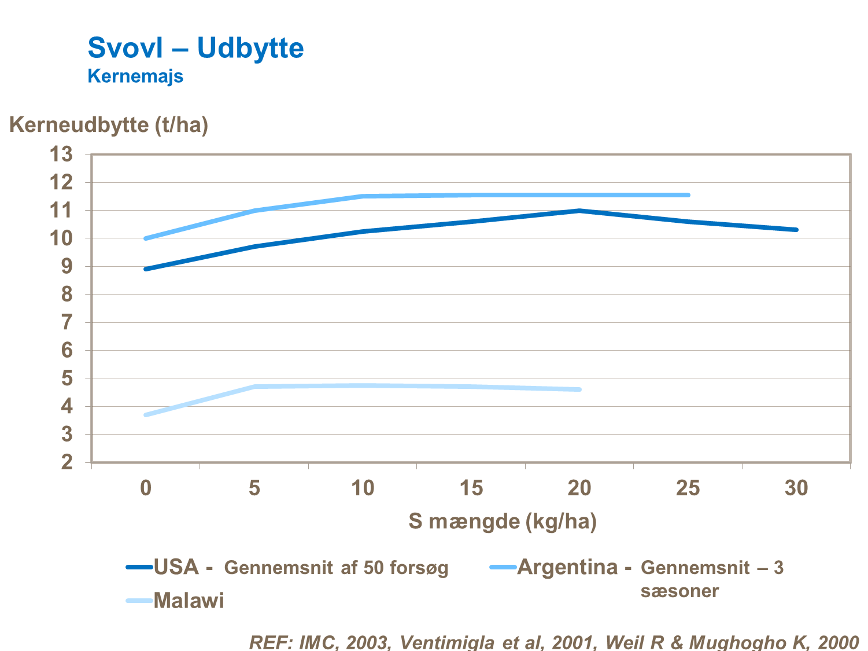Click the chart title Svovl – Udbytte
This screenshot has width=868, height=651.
(195, 47)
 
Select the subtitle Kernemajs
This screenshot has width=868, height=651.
(135, 76)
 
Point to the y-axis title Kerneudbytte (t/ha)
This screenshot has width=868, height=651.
(109, 124)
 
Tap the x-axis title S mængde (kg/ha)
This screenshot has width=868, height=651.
(502, 521)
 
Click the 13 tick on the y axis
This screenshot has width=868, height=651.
(61, 155)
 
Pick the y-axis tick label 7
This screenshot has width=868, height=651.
(67, 322)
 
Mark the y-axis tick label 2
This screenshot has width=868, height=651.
(67, 462)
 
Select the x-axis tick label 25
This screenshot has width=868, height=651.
(688, 488)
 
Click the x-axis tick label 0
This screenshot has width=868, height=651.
(146, 488)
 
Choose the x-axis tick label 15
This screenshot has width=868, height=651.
(471, 488)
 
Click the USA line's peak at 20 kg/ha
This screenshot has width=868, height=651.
(579, 211)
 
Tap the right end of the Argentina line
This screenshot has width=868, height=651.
(688, 195)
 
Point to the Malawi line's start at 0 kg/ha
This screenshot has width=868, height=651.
(146, 415)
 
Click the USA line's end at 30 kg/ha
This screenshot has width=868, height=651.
(796, 230)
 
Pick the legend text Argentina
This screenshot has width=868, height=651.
(567, 567)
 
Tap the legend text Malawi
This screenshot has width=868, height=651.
(189, 601)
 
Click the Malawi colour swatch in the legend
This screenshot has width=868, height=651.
(139, 601)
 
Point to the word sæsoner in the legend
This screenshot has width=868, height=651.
(679, 591)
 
